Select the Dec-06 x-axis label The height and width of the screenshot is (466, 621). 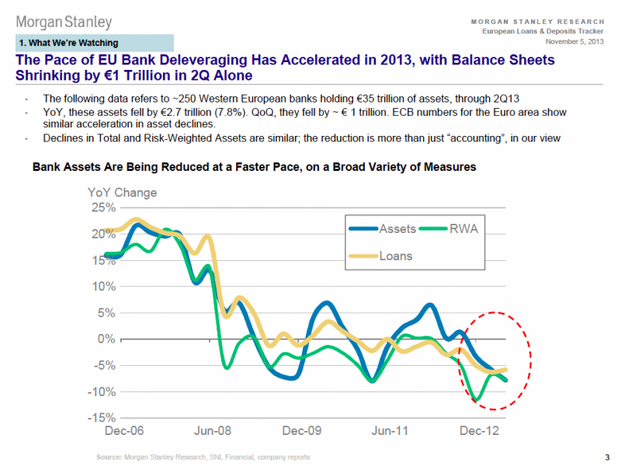(123, 430)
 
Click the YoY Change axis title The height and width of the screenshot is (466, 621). (122, 192)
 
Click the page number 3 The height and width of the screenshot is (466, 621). (606, 457)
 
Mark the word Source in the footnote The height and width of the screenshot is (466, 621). (109, 457)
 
